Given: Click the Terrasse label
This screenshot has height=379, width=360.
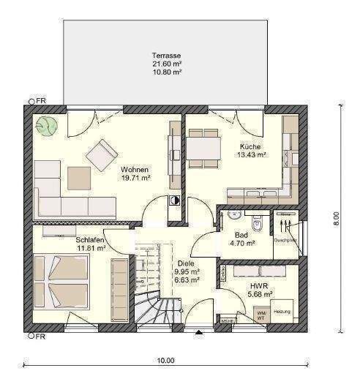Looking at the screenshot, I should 166,56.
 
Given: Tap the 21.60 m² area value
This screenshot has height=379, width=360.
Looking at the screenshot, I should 166,64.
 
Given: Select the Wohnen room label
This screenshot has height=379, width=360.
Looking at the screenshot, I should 135,169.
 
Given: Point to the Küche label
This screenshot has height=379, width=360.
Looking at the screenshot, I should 250,146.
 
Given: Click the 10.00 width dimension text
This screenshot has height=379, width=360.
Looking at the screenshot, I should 166,360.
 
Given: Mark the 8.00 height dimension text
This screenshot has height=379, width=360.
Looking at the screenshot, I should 336,217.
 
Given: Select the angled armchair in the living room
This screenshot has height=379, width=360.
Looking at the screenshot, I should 100,155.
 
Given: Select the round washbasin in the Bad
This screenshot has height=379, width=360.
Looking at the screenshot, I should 232,215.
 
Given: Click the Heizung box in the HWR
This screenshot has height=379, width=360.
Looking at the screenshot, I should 282,312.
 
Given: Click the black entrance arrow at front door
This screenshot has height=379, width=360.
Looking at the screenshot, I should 198,334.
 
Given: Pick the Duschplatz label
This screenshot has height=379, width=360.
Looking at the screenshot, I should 284,239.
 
